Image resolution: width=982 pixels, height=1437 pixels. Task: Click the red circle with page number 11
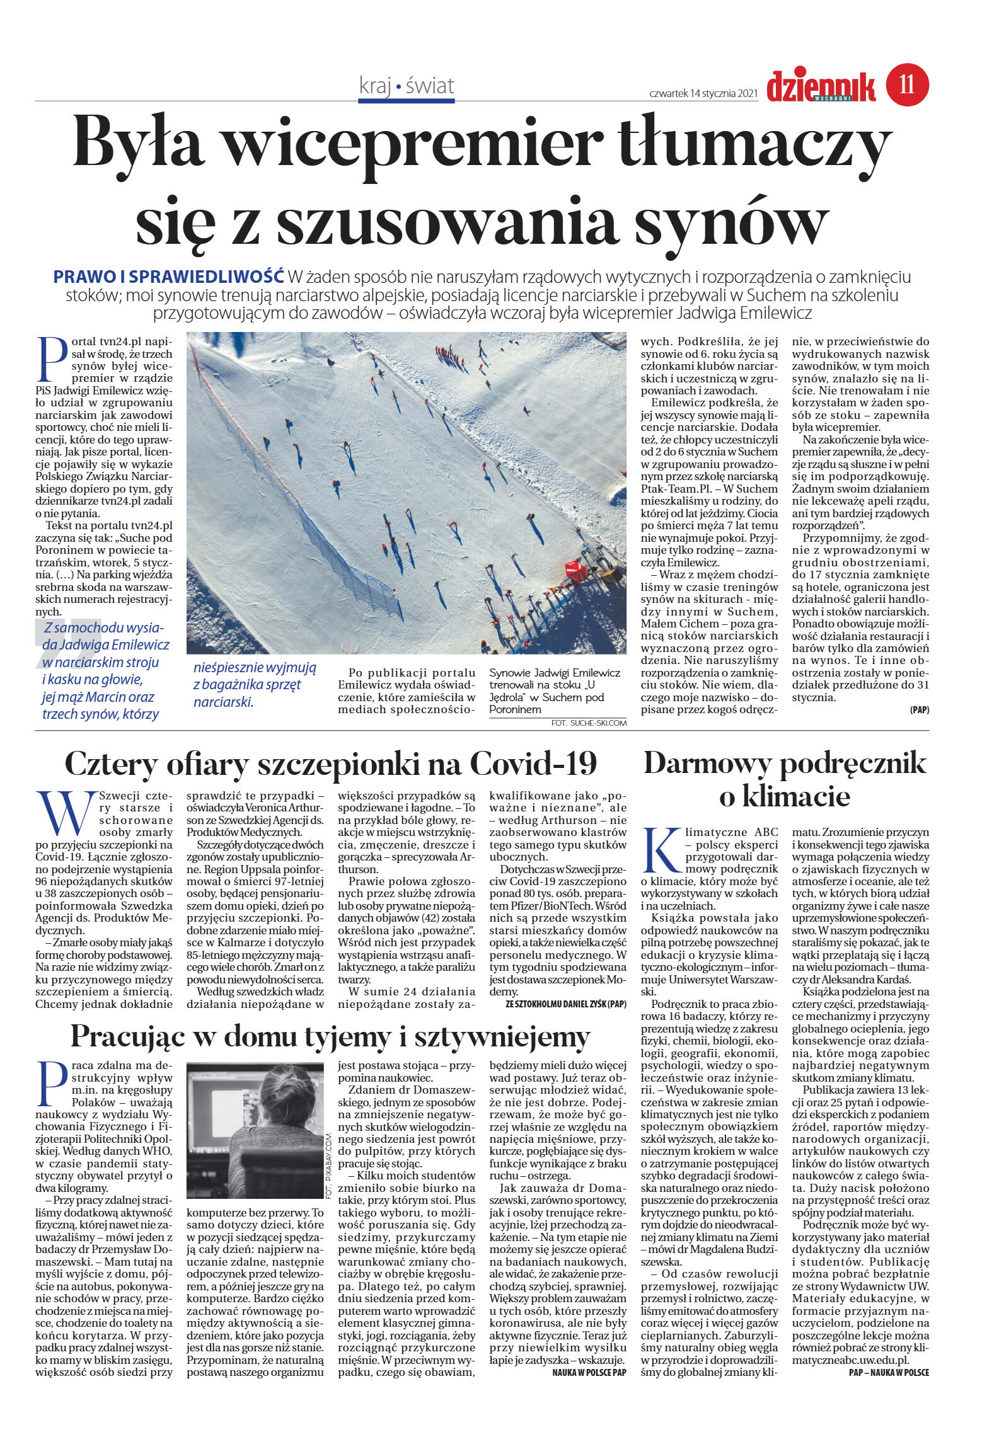908,84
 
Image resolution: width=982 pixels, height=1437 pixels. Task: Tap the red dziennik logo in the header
821,87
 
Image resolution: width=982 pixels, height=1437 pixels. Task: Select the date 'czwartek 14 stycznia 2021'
703,93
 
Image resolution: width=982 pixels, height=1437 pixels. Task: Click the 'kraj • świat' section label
407,86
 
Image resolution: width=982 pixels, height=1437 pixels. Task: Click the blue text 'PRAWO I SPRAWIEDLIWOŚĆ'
169,277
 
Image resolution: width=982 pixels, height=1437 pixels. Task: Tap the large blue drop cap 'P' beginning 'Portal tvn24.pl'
52,359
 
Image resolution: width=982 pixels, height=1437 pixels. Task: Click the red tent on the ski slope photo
575,571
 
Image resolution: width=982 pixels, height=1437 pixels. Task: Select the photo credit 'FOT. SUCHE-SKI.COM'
589,723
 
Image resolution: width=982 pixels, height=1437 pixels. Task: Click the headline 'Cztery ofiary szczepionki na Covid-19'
331,764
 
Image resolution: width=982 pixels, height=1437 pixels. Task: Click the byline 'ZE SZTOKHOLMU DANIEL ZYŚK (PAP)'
566,1005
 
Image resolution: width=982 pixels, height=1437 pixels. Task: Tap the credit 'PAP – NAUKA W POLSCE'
889,1373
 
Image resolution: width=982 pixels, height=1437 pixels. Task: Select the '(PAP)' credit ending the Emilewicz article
919,710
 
